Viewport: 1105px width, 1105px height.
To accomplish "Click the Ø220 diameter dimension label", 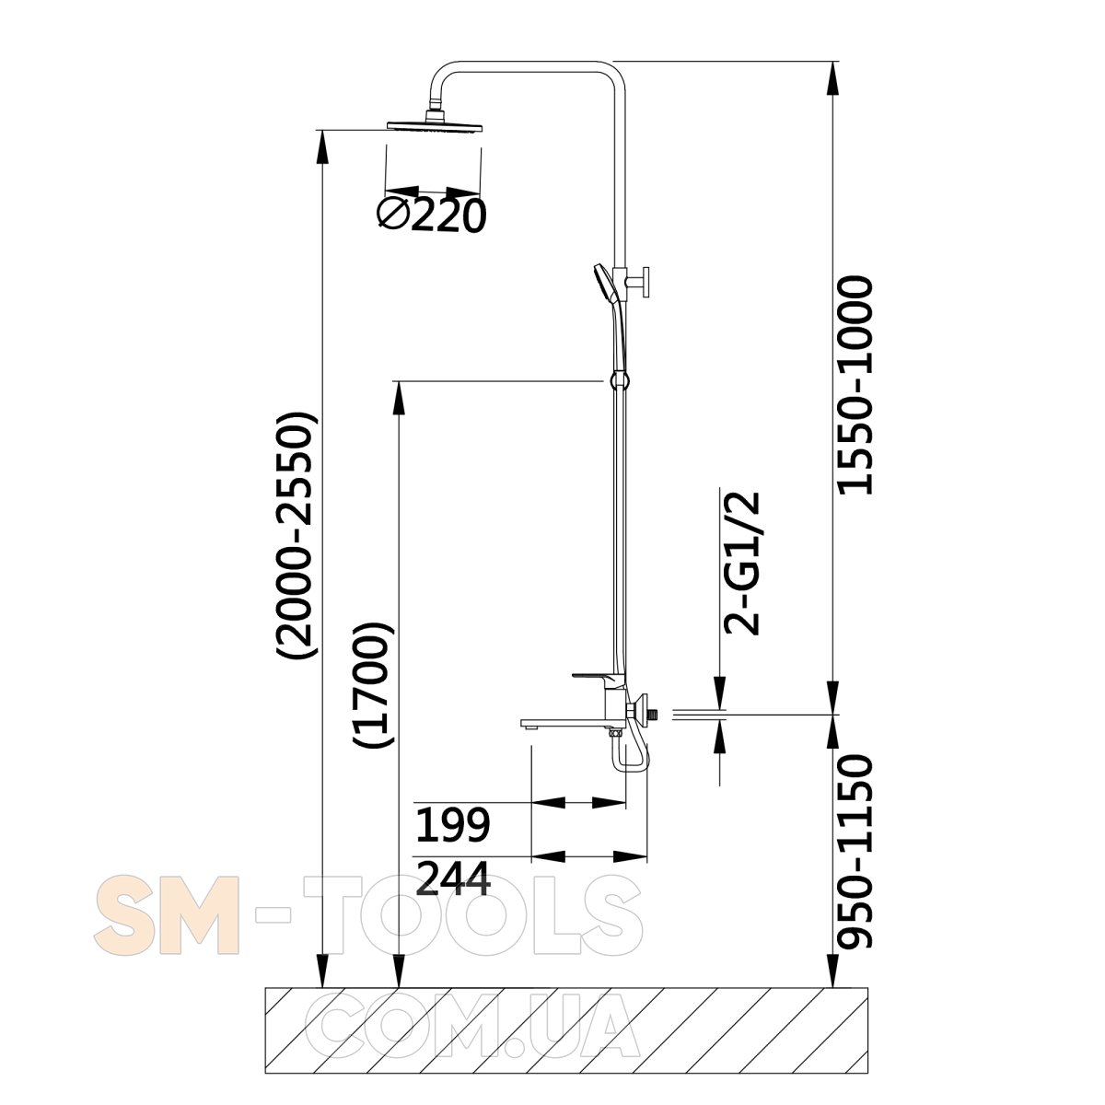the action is [431, 215].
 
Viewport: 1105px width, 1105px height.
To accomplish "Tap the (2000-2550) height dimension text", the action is [296, 535].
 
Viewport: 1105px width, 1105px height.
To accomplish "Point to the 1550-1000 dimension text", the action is [855, 385].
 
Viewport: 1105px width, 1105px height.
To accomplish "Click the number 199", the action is [452, 824].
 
